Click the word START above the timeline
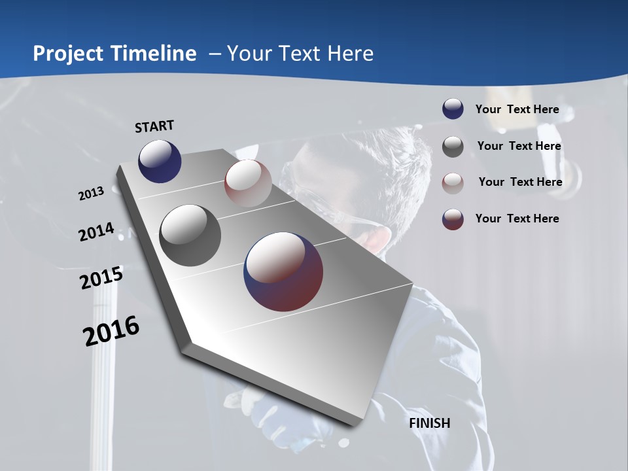pyautogui.click(x=154, y=126)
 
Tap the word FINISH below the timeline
pyautogui.click(x=429, y=423)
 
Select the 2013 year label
pyautogui.click(x=91, y=194)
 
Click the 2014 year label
pyautogui.click(x=96, y=232)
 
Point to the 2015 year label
pyautogui.click(x=101, y=278)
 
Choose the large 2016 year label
pyautogui.click(x=111, y=331)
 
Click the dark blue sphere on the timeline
pyautogui.click(x=160, y=161)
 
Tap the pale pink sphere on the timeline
pyautogui.click(x=248, y=183)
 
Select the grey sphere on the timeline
pyautogui.click(x=190, y=235)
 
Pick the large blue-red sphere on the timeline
pyautogui.click(x=283, y=271)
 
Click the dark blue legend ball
pyautogui.click(x=453, y=109)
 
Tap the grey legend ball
pyautogui.click(x=453, y=147)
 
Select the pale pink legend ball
pyautogui.click(x=453, y=183)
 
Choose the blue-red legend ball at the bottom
pyautogui.click(x=453, y=219)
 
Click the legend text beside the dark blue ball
pyautogui.click(x=517, y=109)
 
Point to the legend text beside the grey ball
pyautogui.click(x=519, y=146)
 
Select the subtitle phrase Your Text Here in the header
pyautogui.click(x=300, y=54)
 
